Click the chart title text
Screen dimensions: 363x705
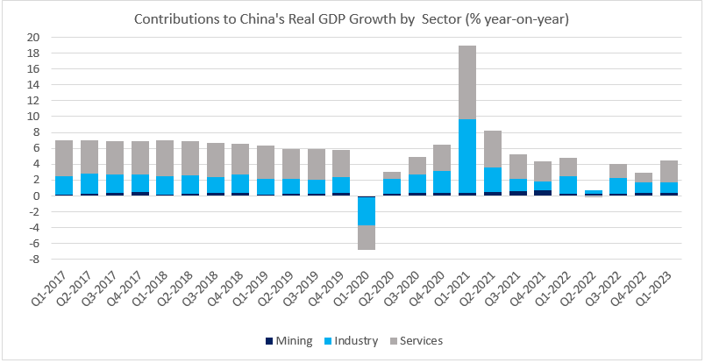click(x=352, y=19)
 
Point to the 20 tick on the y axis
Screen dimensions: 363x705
click(x=32, y=38)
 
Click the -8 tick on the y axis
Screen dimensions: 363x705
click(x=32, y=260)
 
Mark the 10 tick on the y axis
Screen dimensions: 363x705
click(x=32, y=117)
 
